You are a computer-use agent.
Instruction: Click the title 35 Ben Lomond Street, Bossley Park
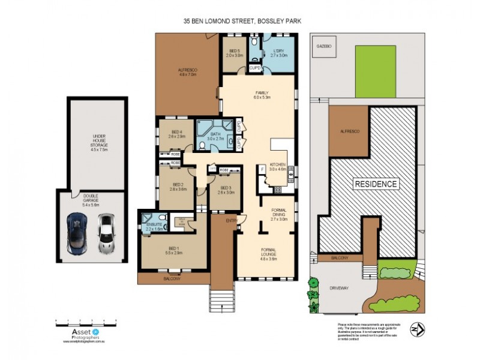point(242,20)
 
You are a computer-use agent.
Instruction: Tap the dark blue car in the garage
point(79,233)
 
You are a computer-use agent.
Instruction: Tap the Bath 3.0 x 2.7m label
point(215,137)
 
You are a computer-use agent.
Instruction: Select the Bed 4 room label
point(177,134)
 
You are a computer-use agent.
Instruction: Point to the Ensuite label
point(154,226)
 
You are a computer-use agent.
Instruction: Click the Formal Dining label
point(280,215)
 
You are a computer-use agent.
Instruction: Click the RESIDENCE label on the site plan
point(376,184)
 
